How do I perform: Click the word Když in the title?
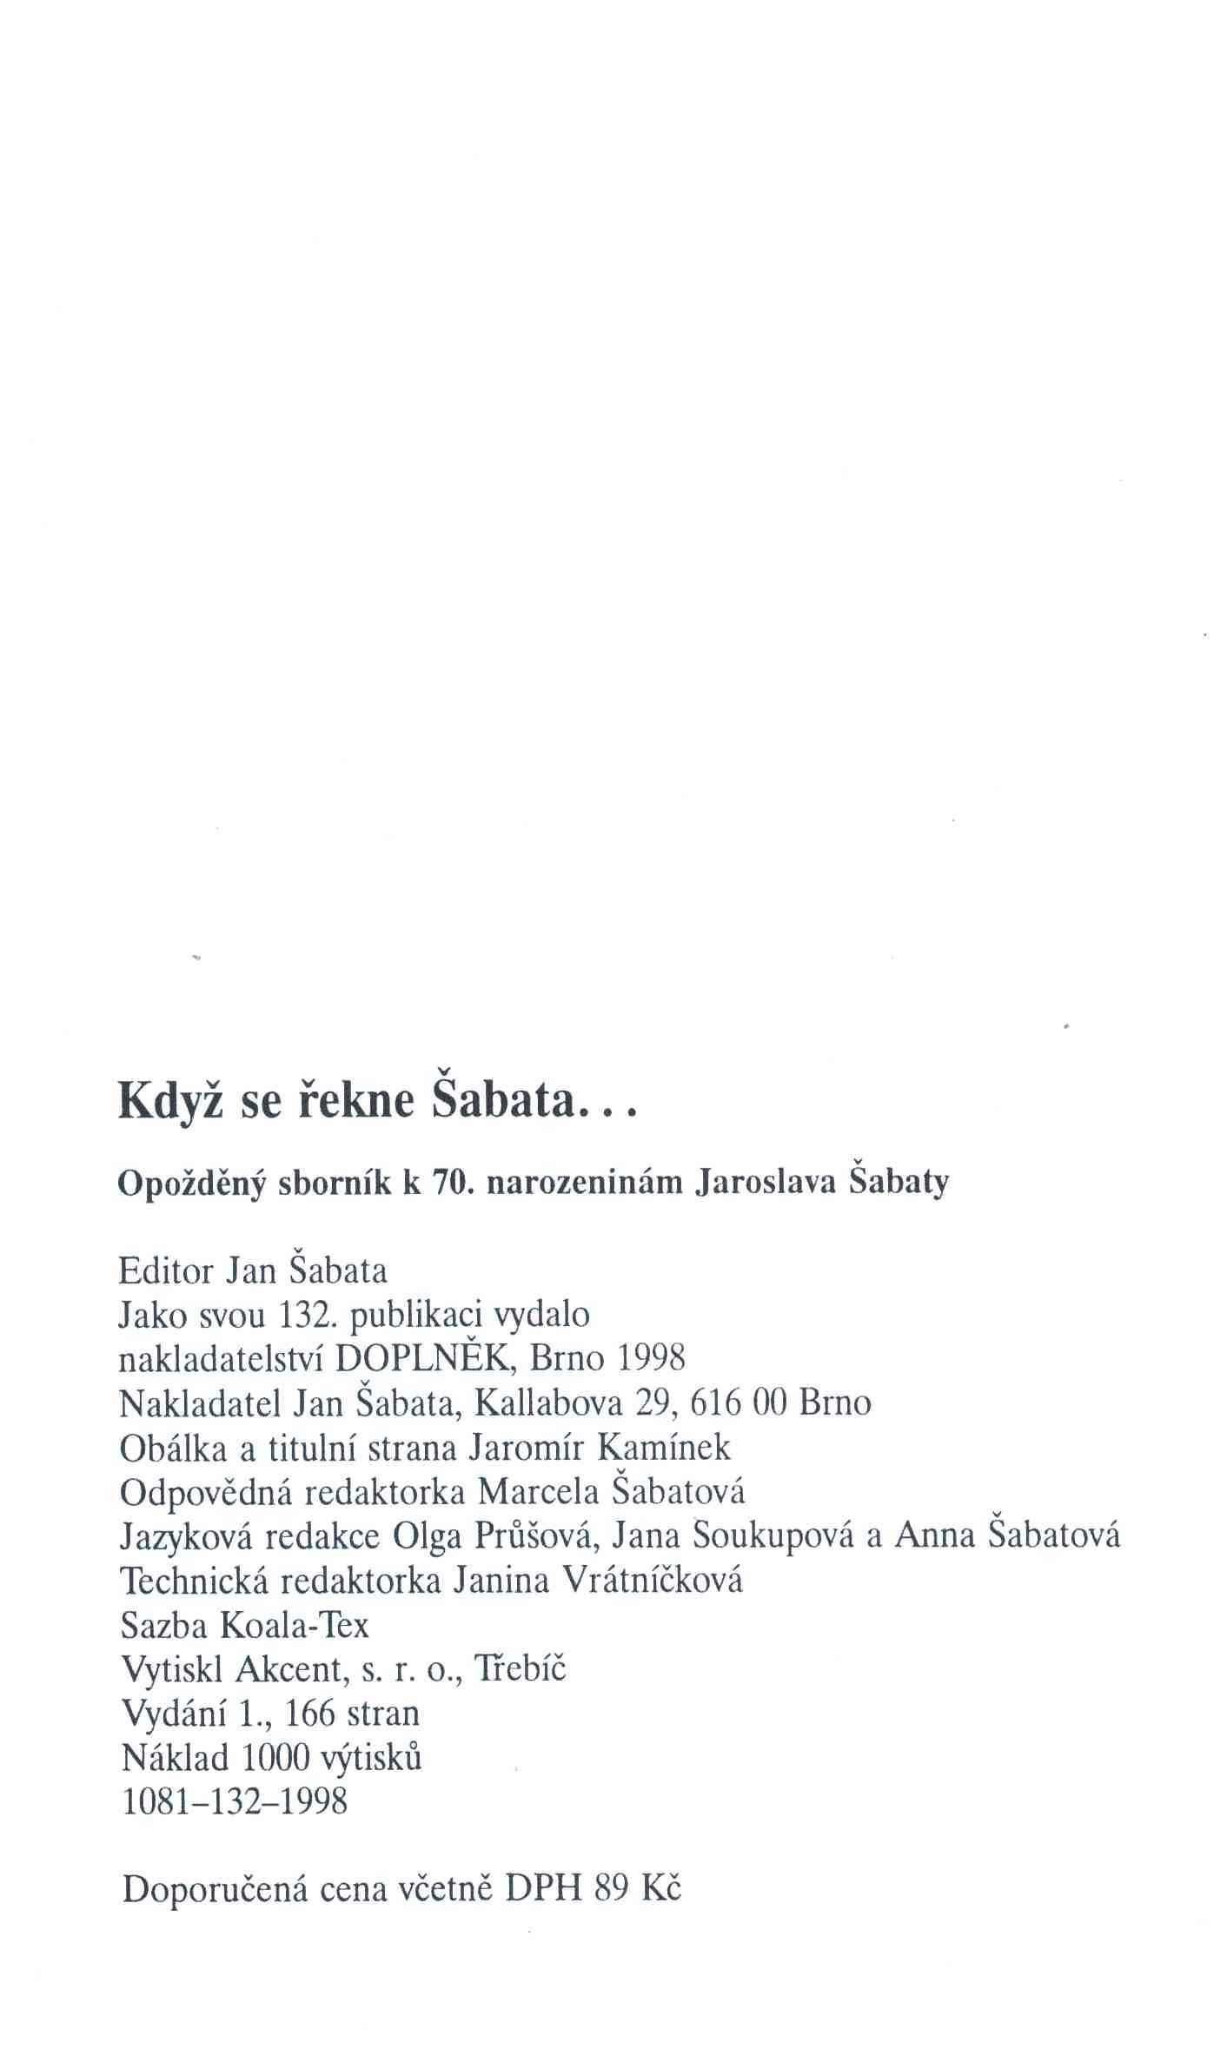pos(171,1103)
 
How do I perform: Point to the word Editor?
pos(165,1271)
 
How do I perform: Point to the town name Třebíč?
pos(519,1668)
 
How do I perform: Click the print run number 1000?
pos(276,1757)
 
